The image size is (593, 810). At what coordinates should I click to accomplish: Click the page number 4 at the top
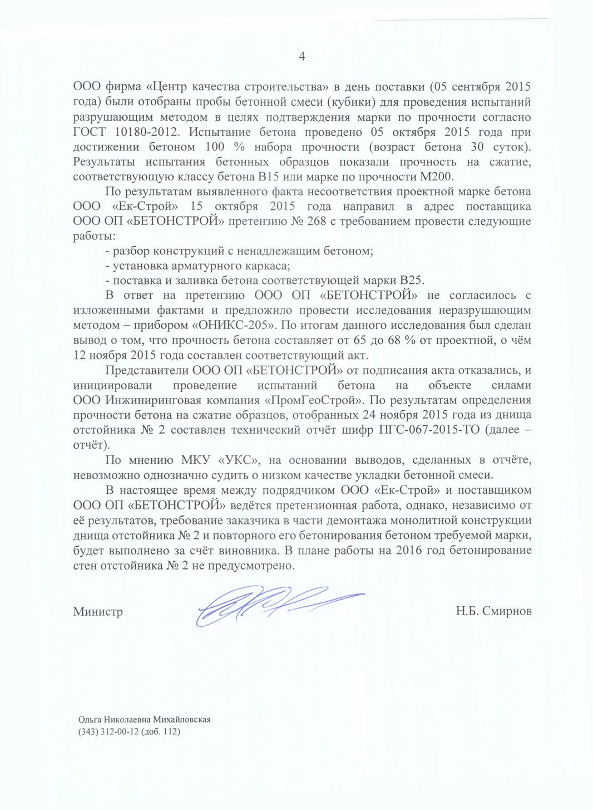(302, 56)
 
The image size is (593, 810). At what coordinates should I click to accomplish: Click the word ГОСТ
(89, 132)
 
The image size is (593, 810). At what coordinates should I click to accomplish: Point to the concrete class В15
(270, 177)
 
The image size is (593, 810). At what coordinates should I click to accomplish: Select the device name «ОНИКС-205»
(238, 325)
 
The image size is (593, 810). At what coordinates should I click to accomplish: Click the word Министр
(98, 611)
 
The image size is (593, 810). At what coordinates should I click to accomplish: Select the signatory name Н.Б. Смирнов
(493, 611)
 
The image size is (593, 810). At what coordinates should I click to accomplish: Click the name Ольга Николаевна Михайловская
(145, 720)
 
